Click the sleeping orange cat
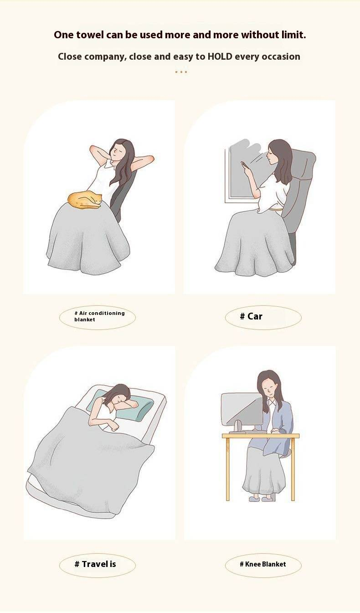(x=85, y=201)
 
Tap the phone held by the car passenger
(x=244, y=165)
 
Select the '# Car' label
(x=251, y=316)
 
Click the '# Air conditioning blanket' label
(x=100, y=316)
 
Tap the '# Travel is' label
(x=95, y=564)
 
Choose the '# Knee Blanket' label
(x=262, y=564)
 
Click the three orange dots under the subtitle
(x=181, y=72)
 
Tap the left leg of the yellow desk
(x=227, y=469)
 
